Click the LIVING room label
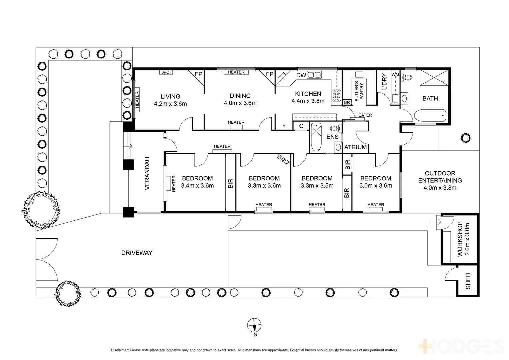pos(170,97)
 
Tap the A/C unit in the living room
pos(166,72)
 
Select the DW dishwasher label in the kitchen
pos(301,75)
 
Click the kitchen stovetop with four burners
pos(336,96)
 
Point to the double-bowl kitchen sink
pos(314,75)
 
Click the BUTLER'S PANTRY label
pos(359,91)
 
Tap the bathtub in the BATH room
pos(430,116)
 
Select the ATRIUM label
pos(355,147)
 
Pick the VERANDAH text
pos(147,173)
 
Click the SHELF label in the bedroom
pos(283,160)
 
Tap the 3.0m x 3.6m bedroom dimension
pos(376,186)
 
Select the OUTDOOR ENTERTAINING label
pos(440,177)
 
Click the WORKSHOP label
pos(460,239)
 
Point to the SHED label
pos(468,281)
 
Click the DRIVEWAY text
pos(137,253)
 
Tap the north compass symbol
pos(254,325)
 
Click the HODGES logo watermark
pos(462,346)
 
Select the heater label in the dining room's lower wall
pos(236,123)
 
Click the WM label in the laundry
pos(395,74)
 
